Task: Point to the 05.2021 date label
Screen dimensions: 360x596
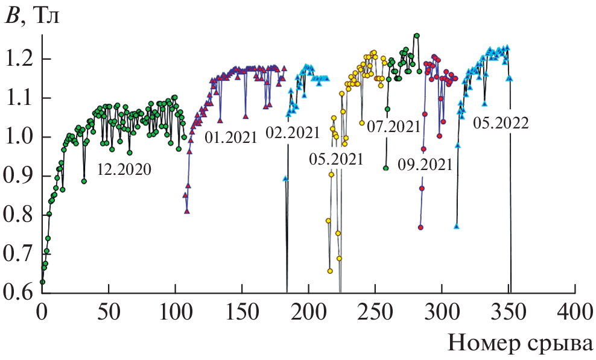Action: click(336, 160)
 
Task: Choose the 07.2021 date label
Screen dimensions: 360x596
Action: click(393, 127)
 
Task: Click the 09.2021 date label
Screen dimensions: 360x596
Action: click(425, 165)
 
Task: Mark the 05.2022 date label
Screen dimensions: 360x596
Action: click(501, 124)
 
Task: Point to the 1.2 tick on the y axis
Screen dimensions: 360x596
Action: click(19, 60)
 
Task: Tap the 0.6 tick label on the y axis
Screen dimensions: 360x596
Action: click(19, 293)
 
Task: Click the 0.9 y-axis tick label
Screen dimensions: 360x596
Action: click(19, 176)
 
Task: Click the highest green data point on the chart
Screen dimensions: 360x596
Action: click(416, 36)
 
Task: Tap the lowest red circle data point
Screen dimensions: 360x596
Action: click(420, 227)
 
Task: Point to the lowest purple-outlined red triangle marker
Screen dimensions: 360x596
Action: click(187, 210)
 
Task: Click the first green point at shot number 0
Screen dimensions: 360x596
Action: click(42, 282)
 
